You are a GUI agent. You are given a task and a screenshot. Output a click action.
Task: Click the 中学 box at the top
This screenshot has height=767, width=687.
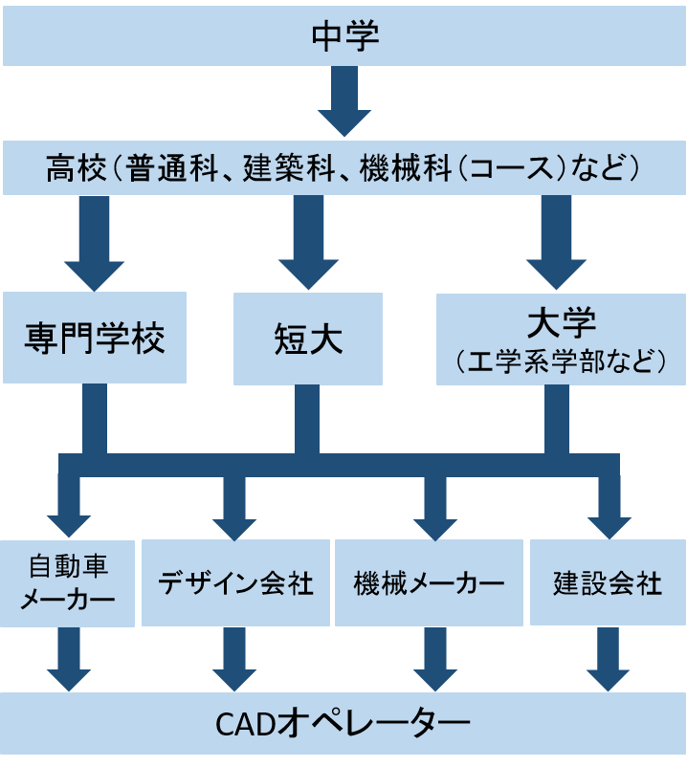click(x=343, y=37)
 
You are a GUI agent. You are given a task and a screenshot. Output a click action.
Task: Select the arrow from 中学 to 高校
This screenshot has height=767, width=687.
click(x=343, y=102)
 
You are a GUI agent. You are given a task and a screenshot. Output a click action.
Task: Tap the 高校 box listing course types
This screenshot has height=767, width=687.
click(x=343, y=169)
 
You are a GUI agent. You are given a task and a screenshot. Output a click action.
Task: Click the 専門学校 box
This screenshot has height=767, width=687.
click(x=95, y=339)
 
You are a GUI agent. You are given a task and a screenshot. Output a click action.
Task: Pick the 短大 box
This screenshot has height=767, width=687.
click(x=307, y=339)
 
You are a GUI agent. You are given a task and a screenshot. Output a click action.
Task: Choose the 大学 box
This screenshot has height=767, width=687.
click(x=560, y=339)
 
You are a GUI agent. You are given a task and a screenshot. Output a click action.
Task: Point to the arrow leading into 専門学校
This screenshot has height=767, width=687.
click(x=94, y=243)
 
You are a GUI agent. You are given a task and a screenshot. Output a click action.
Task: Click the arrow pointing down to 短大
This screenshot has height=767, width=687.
click(x=308, y=243)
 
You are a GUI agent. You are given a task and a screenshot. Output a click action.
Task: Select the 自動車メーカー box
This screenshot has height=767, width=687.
click(x=67, y=582)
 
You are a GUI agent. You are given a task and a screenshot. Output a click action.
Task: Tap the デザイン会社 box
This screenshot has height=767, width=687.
click(x=234, y=582)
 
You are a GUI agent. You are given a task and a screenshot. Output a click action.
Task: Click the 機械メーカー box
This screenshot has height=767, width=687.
click(x=429, y=582)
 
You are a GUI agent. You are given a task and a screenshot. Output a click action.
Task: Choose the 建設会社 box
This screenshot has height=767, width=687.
click(x=608, y=582)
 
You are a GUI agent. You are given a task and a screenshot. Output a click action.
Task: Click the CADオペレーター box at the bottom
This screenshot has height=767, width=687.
click(x=343, y=723)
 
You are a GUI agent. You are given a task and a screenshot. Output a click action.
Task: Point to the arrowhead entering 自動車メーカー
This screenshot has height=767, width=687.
click(x=69, y=521)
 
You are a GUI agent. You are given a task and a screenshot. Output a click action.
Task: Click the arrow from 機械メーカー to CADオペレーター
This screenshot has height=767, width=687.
click(x=435, y=660)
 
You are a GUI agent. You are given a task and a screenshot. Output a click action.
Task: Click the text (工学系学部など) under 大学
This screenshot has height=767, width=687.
click(x=560, y=362)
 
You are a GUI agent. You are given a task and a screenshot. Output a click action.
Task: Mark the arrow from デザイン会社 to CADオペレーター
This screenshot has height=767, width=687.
click(x=234, y=660)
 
